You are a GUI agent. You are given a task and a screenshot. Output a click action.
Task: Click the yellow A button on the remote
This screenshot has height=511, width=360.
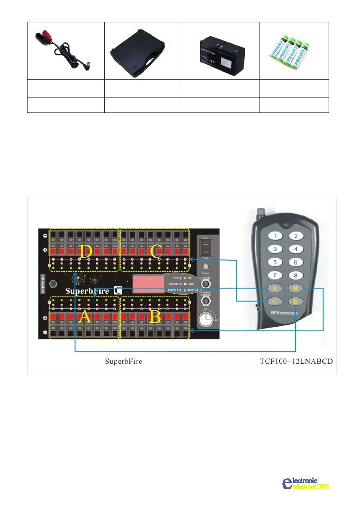[x=274, y=288]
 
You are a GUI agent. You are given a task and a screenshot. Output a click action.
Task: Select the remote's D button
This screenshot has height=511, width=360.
[x=295, y=301]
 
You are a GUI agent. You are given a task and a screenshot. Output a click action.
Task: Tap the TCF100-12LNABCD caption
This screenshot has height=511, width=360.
[x=296, y=361]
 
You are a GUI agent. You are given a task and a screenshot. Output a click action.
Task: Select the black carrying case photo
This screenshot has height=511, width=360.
[x=143, y=51]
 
